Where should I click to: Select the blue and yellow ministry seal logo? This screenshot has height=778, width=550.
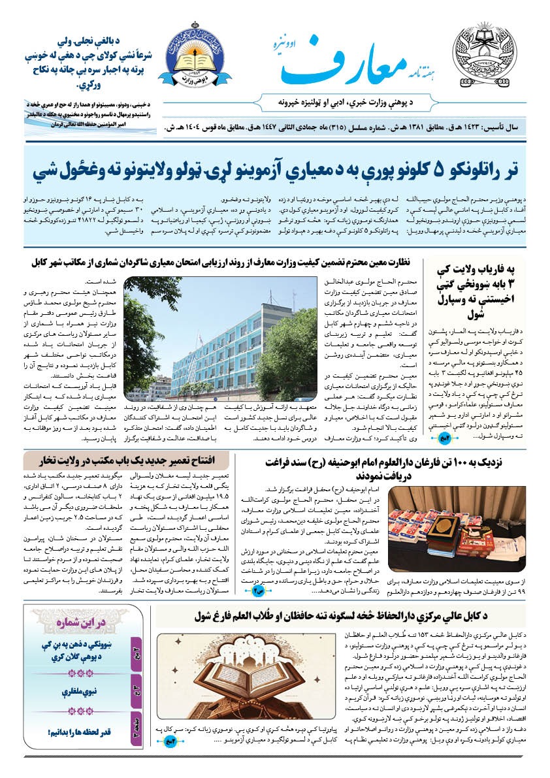(x=194, y=58)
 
